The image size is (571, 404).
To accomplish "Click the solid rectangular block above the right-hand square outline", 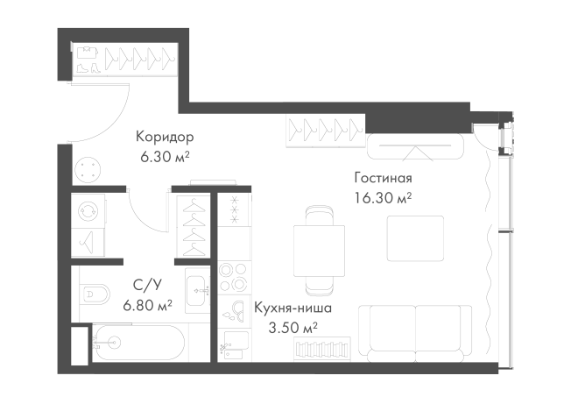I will click(x=382, y=187).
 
